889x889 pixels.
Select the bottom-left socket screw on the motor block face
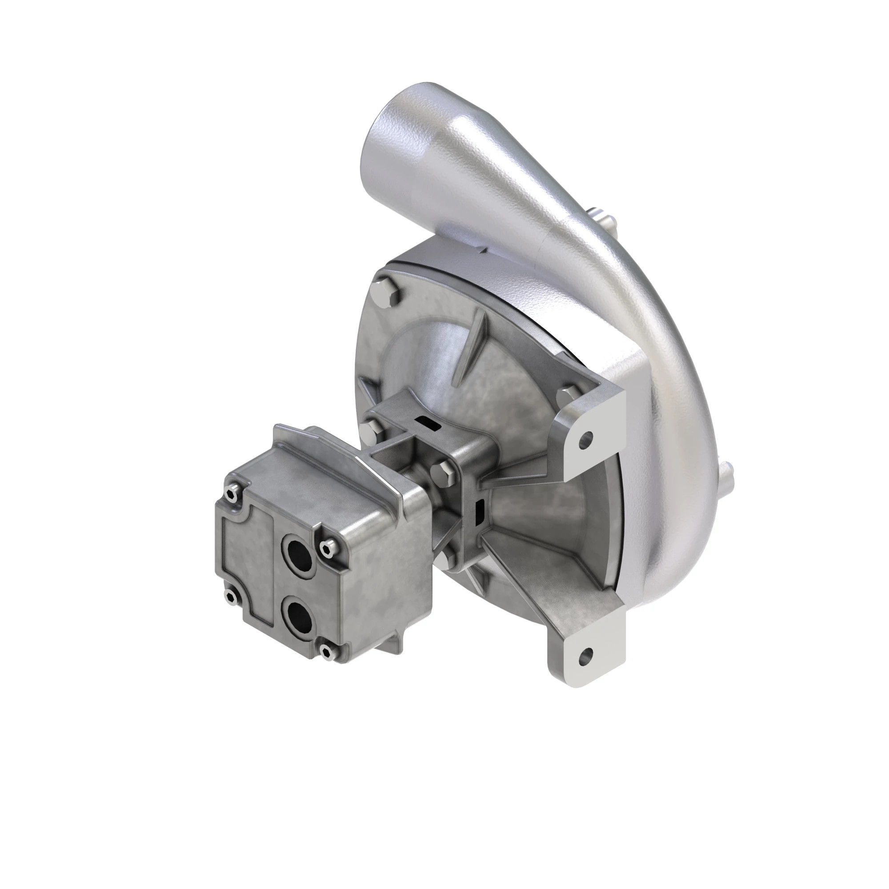coord(229,597)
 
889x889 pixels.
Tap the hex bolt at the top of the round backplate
coord(384,292)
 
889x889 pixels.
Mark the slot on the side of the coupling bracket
coord(481,507)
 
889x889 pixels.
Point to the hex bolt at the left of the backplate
coord(368,430)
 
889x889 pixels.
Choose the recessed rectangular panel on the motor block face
coord(248,552)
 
